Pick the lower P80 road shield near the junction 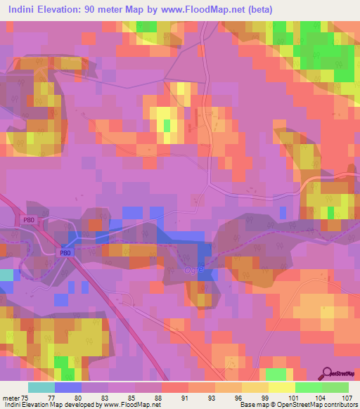click(66, 252)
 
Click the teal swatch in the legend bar click(41, 387)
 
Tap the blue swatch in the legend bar click(67, 387)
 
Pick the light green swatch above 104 click(309, 387)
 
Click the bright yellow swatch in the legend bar click(282, 387)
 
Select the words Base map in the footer click(255, 405)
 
